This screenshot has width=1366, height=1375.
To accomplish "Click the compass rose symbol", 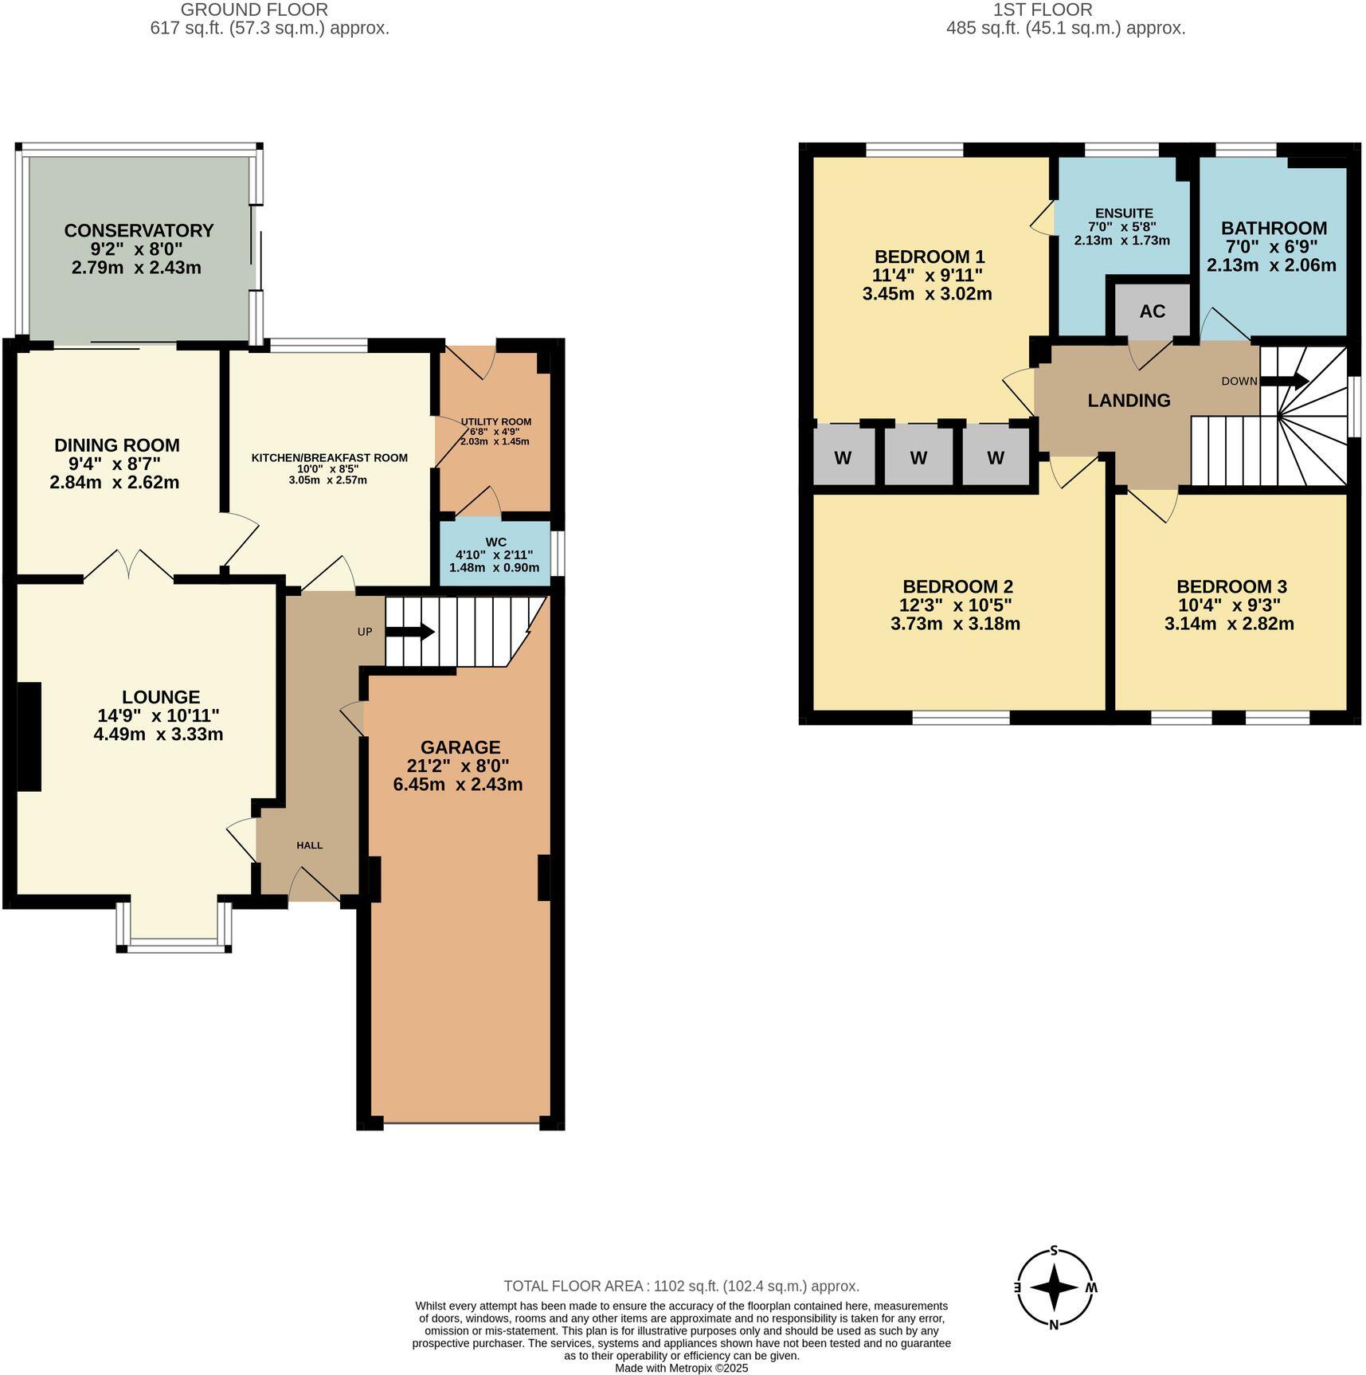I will pos(1055,1287).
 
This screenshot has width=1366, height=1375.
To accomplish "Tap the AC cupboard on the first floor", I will pos(1152,311).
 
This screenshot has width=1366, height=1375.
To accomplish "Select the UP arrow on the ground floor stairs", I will pos(409,632).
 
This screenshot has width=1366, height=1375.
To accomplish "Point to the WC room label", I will pos(495,542).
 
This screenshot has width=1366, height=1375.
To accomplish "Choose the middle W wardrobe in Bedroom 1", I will pos(918,458).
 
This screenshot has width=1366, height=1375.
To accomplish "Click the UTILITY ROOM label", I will pos(495,421).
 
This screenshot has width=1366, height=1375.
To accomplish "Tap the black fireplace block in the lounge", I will pos(29,736).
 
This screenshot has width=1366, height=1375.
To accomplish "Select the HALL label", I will pos(310,844).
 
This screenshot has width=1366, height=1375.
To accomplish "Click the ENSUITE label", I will pos(1123,213).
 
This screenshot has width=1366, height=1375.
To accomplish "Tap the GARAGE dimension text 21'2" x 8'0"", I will pos(460,766).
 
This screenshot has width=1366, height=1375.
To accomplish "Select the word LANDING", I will pos(1129,400).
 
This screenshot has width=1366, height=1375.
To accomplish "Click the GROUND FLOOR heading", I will pos(254,10).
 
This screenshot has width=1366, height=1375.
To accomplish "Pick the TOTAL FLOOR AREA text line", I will pos(681,1286).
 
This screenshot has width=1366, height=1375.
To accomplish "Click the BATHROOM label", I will pos(1274,228).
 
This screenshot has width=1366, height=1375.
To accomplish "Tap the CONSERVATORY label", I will pos(139,230).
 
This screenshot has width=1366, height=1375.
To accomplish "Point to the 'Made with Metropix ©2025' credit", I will pos(681,1368).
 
